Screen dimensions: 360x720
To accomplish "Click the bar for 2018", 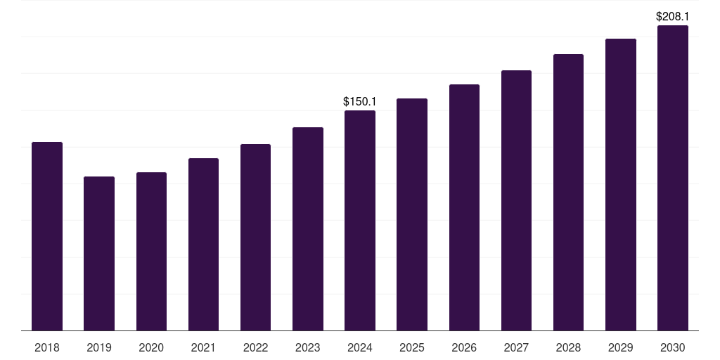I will click(x=47, y=236).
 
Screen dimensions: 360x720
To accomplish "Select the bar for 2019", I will click(x=99, y=253).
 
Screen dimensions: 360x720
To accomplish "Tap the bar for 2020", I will click(x=151, y=251).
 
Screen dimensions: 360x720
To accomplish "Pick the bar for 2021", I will click(x=203, y=244).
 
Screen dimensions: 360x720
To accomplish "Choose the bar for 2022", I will click(x=255, y=237).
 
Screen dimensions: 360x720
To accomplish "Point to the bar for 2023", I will click(x=308, y=229).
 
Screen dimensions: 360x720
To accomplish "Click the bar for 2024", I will click(x=360, y=220).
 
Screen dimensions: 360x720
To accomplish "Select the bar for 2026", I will click(x=464, y=207).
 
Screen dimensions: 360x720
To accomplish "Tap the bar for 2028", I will click(x=568, y=192).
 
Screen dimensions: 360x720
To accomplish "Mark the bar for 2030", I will click(x=672, y=178).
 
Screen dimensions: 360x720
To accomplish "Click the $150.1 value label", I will click(x=360, y=102).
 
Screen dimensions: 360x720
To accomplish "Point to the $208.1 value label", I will click(x=672, y=16).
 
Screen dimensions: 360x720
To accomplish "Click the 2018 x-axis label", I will click(x=47, y=347).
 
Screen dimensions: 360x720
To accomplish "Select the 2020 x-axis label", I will click(x=151, y=347).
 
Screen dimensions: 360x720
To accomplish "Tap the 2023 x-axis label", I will click(x=308, y=347).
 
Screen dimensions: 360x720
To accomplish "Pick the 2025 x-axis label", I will click(x=412, y=347).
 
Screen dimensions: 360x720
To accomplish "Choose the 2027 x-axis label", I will click(x=516, y=347).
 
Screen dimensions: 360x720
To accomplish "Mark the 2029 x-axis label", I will click(x=620, y=347).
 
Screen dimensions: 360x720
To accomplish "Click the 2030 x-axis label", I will click(x=672, y=347).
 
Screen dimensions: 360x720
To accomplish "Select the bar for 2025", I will click(x=412, y=214).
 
